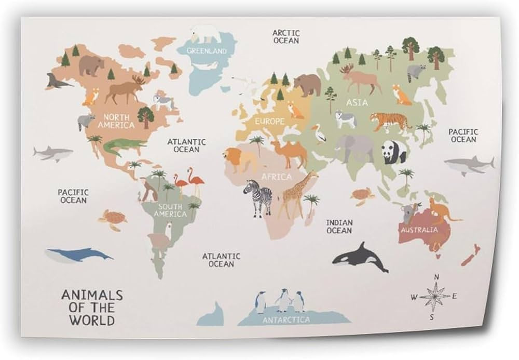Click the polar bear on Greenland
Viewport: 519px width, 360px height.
click(206, 34)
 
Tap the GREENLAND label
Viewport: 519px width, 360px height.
click(207, 51)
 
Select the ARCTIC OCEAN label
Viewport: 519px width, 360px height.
click(286, 36)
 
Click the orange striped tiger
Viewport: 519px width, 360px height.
click(390, 122)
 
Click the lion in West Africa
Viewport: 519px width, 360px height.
click(239, 159)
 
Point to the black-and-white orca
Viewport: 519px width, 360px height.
click(360, 257)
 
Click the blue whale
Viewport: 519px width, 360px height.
click(78, 255)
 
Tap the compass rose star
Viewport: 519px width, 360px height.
click(435, 297)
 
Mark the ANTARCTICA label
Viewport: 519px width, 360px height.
click(286, 320)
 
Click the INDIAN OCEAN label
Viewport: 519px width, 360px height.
click(339, 226)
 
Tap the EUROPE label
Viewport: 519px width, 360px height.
click(269, 122)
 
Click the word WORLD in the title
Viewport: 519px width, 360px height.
click(92, 319)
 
